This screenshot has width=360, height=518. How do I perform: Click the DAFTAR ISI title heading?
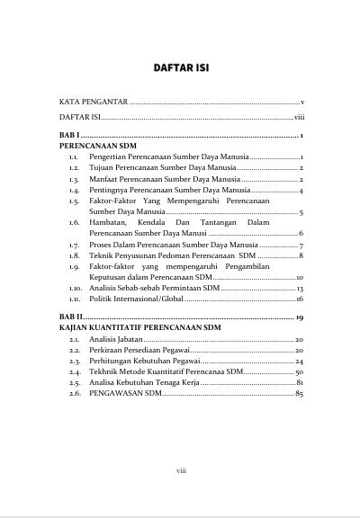point(180,67)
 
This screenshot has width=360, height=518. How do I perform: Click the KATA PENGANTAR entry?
point(93,103)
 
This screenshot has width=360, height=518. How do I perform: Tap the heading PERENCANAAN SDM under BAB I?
point(91,144)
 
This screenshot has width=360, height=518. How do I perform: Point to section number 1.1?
point(74,156)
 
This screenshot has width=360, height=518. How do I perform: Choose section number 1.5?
point(74,202)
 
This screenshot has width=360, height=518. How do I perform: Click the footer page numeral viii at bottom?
point(180,469)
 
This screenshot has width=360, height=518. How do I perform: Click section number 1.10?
point(75,288)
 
